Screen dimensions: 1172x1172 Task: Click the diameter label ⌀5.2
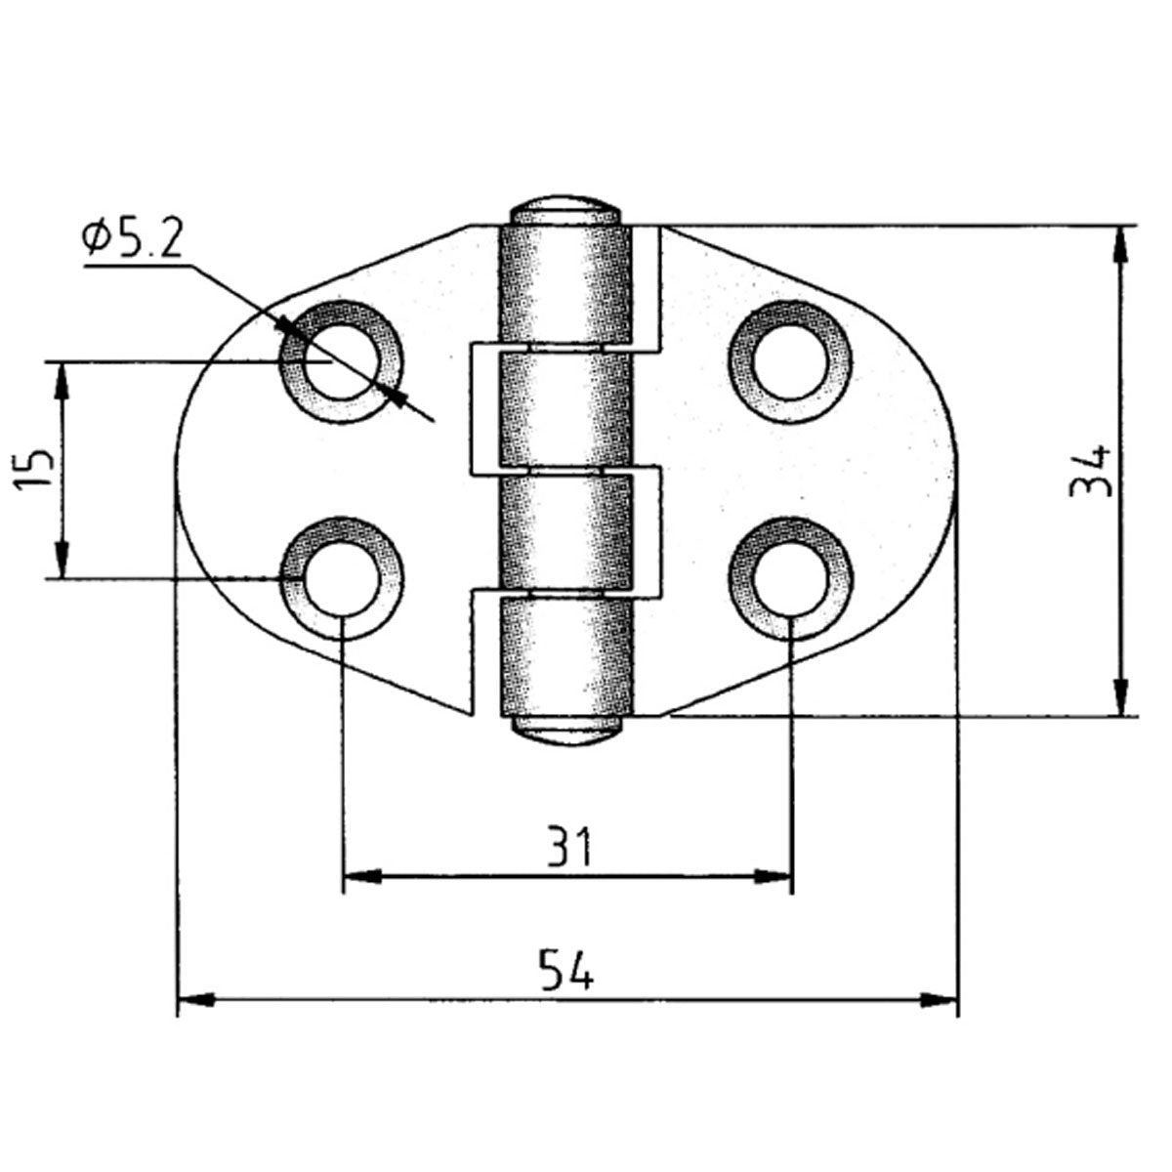pos(133,238)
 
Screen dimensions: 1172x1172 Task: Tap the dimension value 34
pos(1091,471)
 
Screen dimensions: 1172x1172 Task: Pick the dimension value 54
pos(566,972)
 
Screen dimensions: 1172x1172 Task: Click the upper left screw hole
pos(340,361)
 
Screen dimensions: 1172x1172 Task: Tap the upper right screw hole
pos(790,361)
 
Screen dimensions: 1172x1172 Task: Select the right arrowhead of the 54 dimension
pos(941,999)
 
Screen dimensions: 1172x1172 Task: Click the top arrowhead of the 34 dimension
pos(1120,244)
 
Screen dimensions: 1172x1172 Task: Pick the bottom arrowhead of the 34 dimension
pos(1120,697)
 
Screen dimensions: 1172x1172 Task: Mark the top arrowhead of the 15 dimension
pos(62,380)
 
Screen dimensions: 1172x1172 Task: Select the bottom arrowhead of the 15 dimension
pos(62,561)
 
